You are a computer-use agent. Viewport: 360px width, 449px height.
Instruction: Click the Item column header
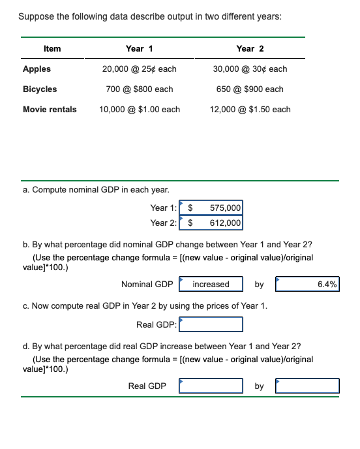click(52, 48)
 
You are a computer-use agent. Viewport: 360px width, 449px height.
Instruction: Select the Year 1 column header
click(140, 48)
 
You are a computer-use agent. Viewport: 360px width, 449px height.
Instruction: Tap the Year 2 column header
click(250, 48)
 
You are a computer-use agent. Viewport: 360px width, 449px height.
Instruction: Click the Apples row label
click(37, 69)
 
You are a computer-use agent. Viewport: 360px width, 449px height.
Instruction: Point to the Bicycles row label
click(40, 89)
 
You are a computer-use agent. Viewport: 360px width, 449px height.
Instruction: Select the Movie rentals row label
click(50, 109)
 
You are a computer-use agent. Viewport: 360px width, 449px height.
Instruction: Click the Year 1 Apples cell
click(140, 69)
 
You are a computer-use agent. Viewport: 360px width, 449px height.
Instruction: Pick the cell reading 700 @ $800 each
click(140, 89)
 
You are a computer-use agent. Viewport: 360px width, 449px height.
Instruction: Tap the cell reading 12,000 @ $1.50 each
click(250, 109)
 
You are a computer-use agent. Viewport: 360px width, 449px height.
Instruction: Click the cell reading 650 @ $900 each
click(250, 89)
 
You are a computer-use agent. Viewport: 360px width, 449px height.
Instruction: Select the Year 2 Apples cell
click(250, 69)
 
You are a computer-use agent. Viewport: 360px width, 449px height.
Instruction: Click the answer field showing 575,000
click(215, 208)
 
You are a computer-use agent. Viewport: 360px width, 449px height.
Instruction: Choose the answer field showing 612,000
click(215, 223)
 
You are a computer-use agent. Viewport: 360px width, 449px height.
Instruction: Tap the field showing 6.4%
click(307, 284)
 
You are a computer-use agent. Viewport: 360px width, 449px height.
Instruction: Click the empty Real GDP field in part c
click(211, 324)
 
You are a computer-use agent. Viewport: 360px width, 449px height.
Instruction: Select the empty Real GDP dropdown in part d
click(212, 386)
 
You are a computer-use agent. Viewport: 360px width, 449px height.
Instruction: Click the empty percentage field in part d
click(307, 386)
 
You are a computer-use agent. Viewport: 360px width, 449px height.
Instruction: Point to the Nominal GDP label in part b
click(147, 284)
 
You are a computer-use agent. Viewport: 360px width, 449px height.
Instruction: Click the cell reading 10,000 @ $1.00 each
click(140, 109)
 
